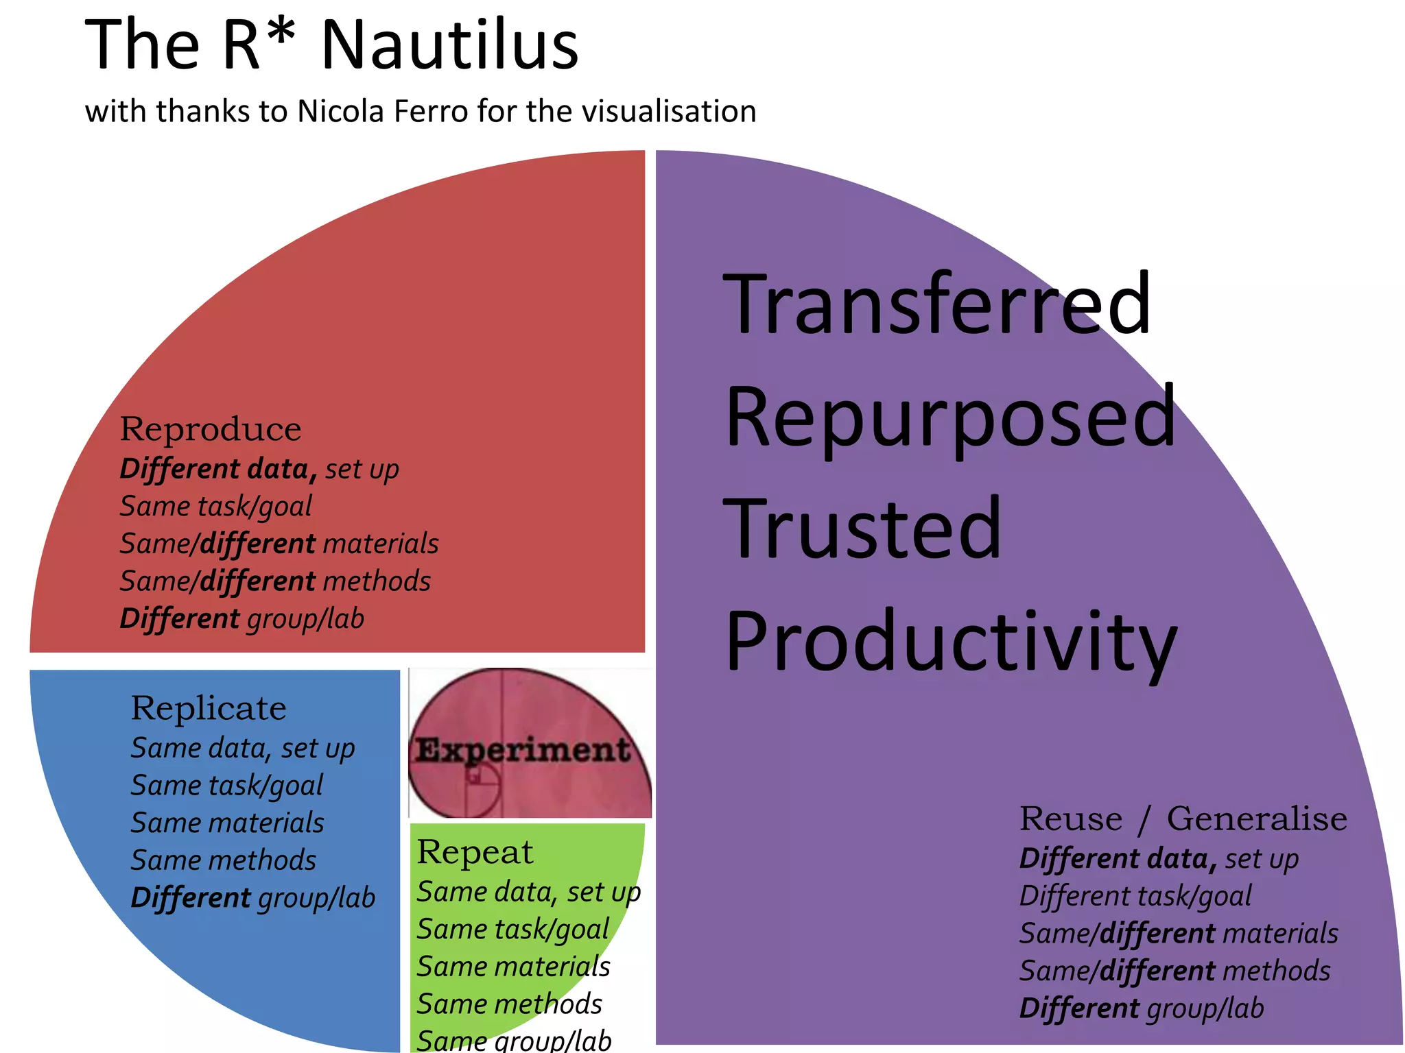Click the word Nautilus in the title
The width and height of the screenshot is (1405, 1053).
click(449, 45)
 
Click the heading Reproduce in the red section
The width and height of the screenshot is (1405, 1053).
click(210, 429)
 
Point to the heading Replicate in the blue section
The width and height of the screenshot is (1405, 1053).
click(209, 708)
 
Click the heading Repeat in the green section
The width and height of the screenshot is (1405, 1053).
click(475, 852)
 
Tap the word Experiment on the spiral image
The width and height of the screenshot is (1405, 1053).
click(523, 749)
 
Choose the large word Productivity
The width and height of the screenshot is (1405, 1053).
click(951, 641)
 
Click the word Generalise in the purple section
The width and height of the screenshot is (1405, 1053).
click(1257, 819)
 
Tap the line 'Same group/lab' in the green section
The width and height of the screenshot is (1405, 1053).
click(514, 1040)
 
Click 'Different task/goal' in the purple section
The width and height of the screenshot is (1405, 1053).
click(1135, 896)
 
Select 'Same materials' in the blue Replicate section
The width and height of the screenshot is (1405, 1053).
click(227, 823)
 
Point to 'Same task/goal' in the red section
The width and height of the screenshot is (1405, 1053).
click(215, 507)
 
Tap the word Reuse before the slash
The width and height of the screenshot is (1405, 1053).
click(1070, 819)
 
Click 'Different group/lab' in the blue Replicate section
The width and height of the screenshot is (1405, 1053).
click(252, 898)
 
